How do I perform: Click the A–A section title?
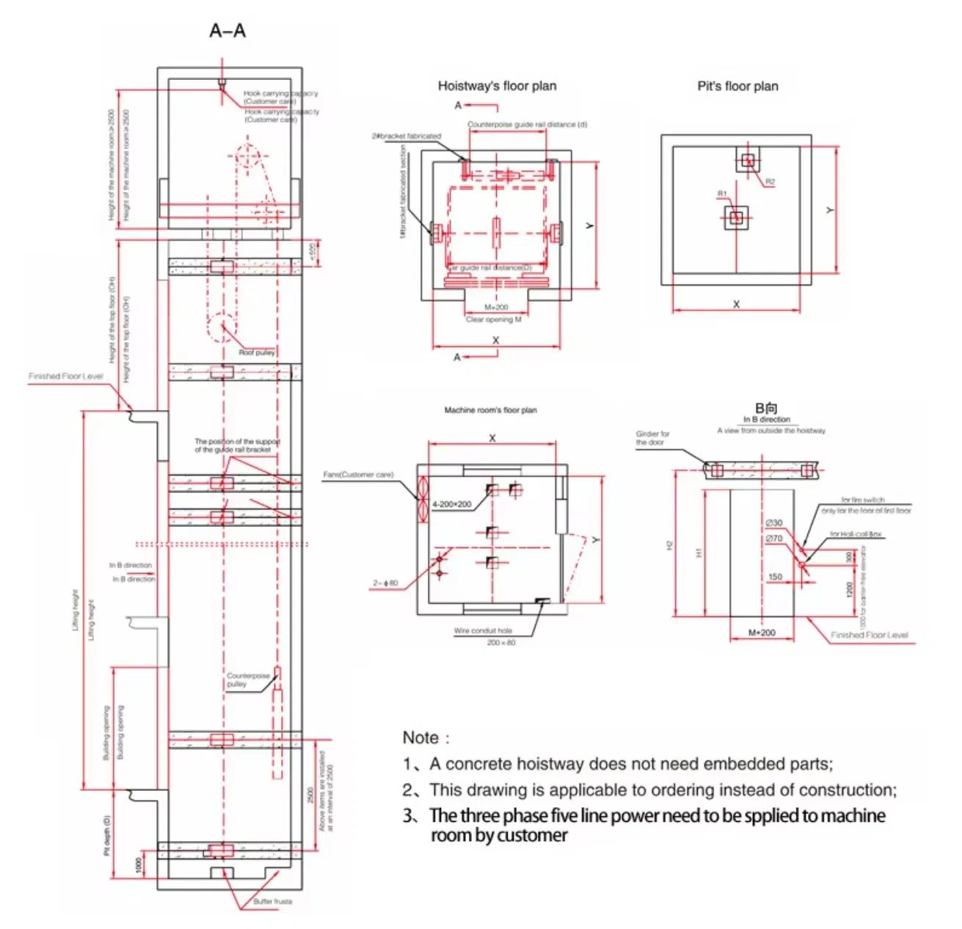click(x=227, y=31)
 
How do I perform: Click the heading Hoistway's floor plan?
click(x=497, y=86)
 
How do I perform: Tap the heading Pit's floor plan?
click(x=737, y=86)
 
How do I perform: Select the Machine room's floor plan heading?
click(x=490, y=410)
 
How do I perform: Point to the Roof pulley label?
click(x=257, y=353)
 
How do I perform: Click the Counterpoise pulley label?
click(x=247, y=680)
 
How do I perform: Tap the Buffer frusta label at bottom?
click(x=272, y=901)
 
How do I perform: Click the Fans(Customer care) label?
click(x=358, y=475)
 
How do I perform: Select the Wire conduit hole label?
click(x=483, y=631)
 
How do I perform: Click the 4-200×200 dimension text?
click(x=451, y=504)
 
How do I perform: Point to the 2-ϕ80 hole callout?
click(x=385, y=583)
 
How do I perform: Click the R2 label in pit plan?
click(x=770, y=182)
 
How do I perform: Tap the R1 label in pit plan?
click(x=722, y=194)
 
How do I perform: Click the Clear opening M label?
click(x=493, y=320)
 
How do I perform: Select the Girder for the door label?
click(x=652, y=438)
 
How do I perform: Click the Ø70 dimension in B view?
click(x=774, y=539)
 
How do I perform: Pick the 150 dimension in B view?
click(x=775, y=577)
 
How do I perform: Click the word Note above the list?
click(x=421, y=737)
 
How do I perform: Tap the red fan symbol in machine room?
click(x=422, y=500)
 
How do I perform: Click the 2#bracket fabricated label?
click(x=406, y=136)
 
